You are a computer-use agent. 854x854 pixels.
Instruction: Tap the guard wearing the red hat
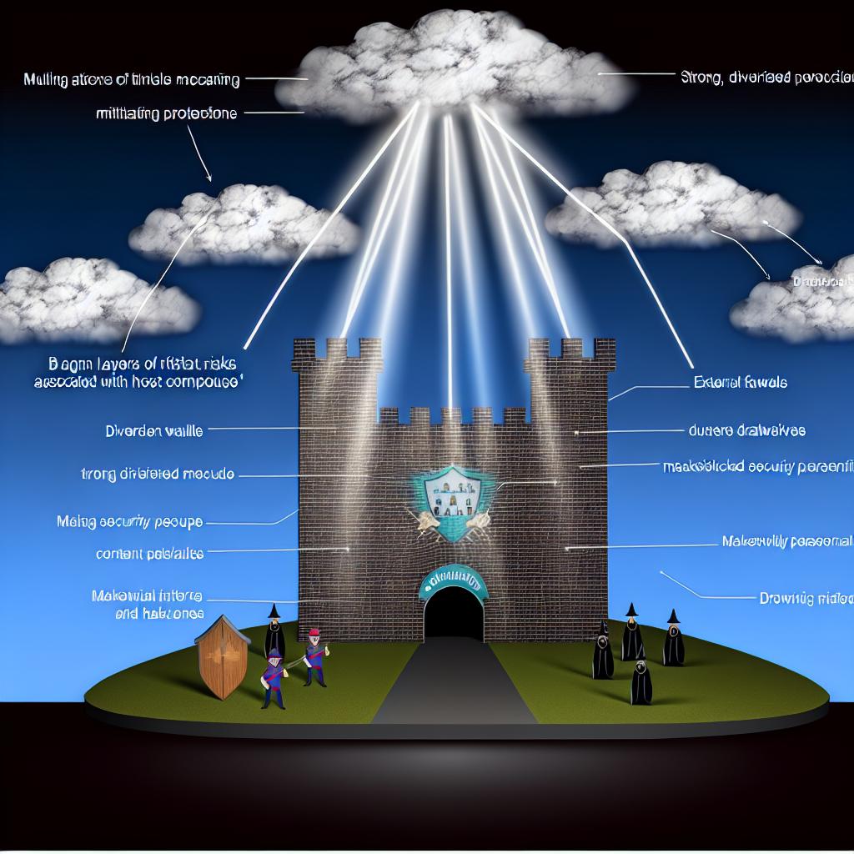314,656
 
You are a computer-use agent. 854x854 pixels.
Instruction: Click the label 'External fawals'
740,383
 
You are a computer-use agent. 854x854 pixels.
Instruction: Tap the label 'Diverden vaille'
154,432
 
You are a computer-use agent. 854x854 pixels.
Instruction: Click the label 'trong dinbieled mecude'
154,474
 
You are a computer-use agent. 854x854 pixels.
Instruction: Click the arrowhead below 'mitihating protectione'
209,177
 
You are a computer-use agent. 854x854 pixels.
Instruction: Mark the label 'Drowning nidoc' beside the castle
805,597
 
